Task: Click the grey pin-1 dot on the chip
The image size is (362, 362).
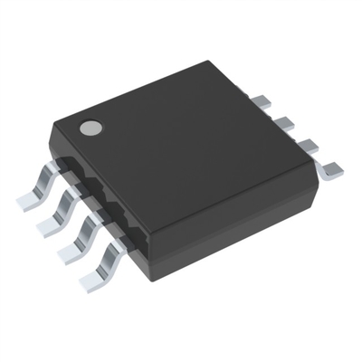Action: (90, 128)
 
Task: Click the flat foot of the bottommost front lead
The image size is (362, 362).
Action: (91, 282)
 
